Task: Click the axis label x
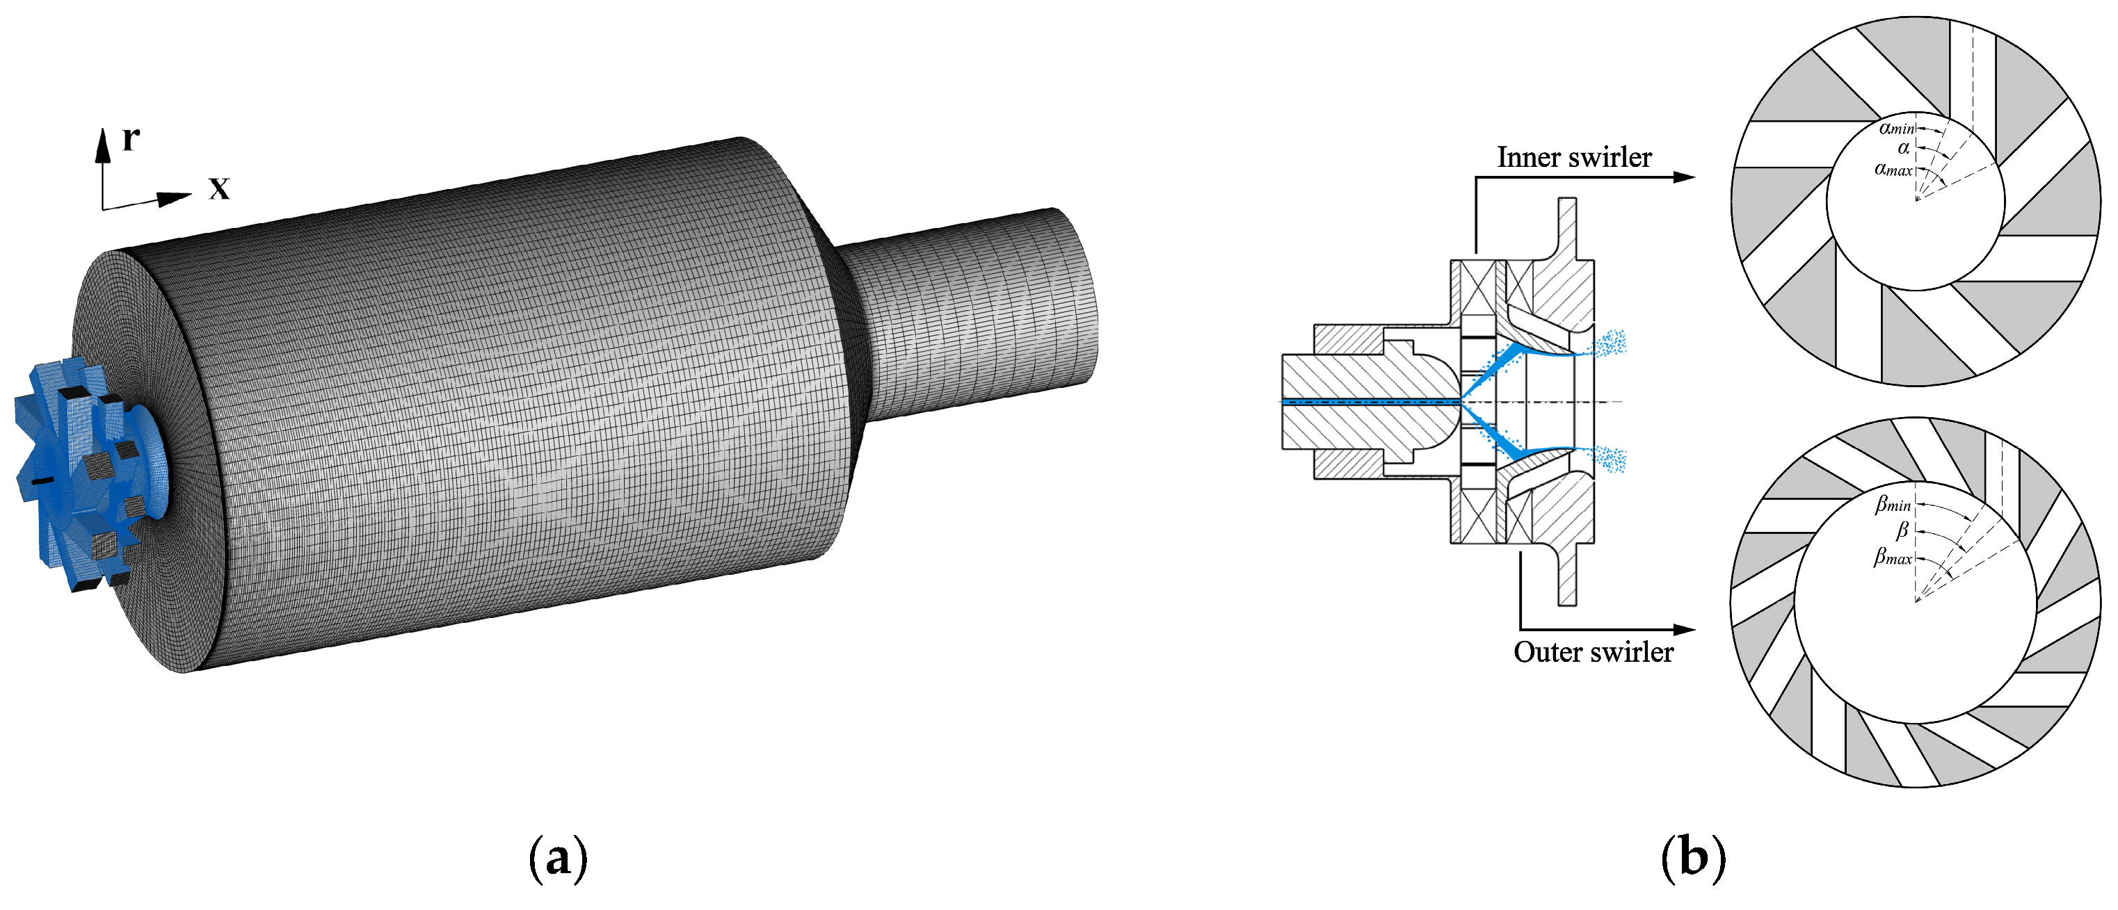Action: (x=218, y=188)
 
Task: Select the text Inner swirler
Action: (x=1573, y=157)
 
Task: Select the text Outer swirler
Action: (x=1593, y=652)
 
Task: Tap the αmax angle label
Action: (x=1893, y=170)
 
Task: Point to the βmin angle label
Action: (x=1893, y=503)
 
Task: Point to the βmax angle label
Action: (x=1893, y=557)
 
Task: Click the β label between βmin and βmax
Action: (x=1902, y=530)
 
